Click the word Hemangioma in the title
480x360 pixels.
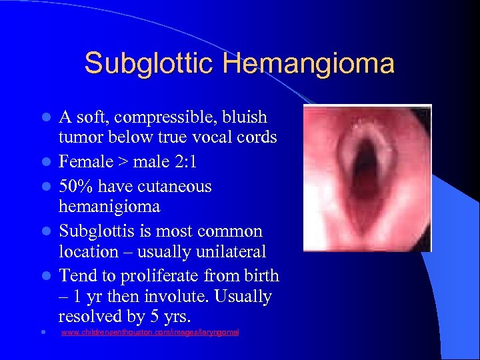(309, 64)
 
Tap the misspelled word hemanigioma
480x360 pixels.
(109, 207)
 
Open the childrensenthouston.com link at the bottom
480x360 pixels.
(149, 332)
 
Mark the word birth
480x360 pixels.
(259, 275)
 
